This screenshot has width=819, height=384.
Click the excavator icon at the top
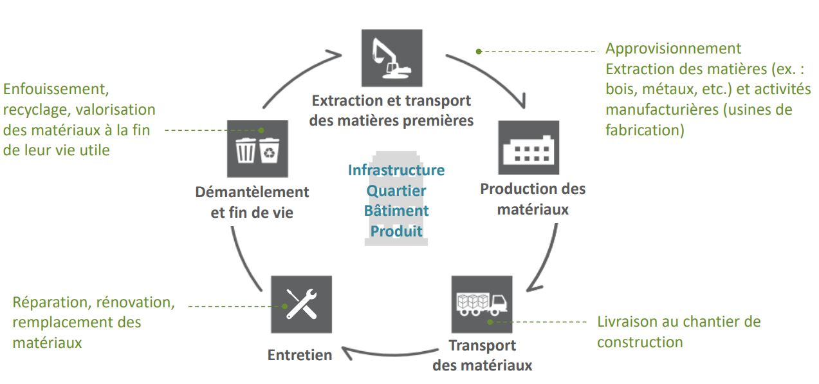(392, 57)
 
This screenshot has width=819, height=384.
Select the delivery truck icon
(481, 303)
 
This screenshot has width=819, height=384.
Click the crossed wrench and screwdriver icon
(301, 305)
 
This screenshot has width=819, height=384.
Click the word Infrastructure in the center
(396, 170)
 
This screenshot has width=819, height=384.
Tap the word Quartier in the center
(396, 191)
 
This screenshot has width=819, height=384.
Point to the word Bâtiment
(396, 211)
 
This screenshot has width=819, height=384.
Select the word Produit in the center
(396, 231)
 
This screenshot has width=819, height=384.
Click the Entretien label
(300, 355)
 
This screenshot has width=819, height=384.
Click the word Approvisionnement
(674, 48)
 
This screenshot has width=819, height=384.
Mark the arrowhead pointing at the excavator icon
(335, 52)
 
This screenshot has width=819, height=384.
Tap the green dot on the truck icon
(490, 320)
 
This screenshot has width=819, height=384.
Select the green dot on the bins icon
(261, 130)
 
